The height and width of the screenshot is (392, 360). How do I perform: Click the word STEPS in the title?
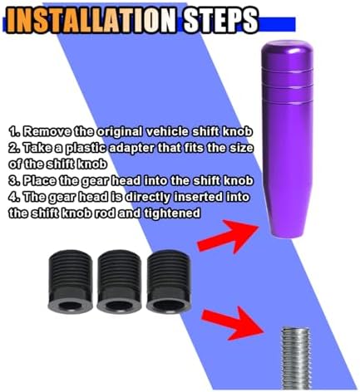(221, 20)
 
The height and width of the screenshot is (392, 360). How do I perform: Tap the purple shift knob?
(287, 139)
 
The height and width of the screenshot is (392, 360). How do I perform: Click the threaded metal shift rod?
(296, 359)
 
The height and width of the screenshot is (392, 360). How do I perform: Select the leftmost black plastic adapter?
(71, 281)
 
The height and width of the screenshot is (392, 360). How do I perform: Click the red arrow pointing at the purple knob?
(227, 236)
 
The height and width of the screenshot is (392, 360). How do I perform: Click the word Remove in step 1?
(47, 132)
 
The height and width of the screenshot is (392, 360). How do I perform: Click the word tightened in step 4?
(172, 213)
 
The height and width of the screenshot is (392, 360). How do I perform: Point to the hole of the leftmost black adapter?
(71, 306)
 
